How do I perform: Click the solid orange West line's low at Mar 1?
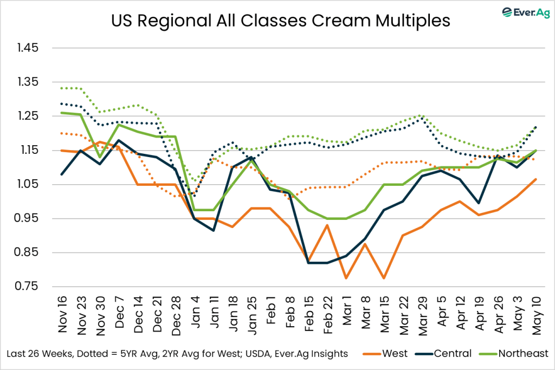346,278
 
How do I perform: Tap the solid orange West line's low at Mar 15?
384,278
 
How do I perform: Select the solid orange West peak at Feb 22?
327,225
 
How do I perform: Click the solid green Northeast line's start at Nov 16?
61,113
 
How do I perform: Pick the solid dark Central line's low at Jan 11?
213,230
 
